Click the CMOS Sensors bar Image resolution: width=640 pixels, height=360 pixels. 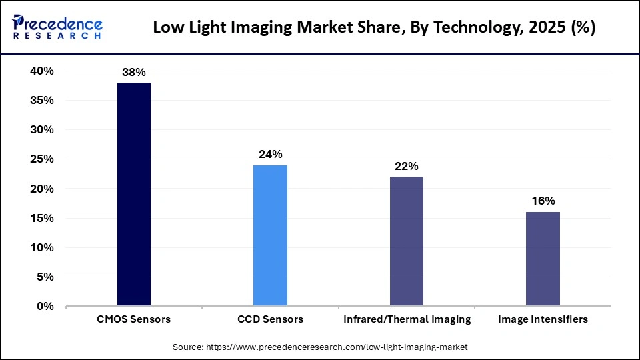coord(134,194)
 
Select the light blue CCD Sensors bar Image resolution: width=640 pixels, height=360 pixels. coord(270,235)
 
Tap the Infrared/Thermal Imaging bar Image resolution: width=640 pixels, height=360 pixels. coord(406,241)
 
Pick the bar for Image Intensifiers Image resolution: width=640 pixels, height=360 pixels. coord(543,259)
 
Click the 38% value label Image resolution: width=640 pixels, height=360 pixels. coord(134,72)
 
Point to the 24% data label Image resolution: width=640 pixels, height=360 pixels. coord(270,155)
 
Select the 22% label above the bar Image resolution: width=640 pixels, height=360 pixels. coord(406,166)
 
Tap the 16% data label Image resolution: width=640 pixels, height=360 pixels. coord(543,201)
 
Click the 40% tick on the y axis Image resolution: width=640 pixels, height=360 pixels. coord(41,71)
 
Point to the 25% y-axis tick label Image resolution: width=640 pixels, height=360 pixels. coord(41,159)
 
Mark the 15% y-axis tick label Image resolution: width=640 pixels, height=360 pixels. coord(41,219)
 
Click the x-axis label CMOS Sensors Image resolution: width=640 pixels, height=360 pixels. coord(134,319)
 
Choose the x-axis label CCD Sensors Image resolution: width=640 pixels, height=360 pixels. coord(270,319)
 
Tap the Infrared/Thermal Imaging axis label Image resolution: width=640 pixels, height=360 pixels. coord(407,319)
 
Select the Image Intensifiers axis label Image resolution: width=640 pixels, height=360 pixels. coord(543,319)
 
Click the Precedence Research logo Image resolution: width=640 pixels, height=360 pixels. coord(57,27)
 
